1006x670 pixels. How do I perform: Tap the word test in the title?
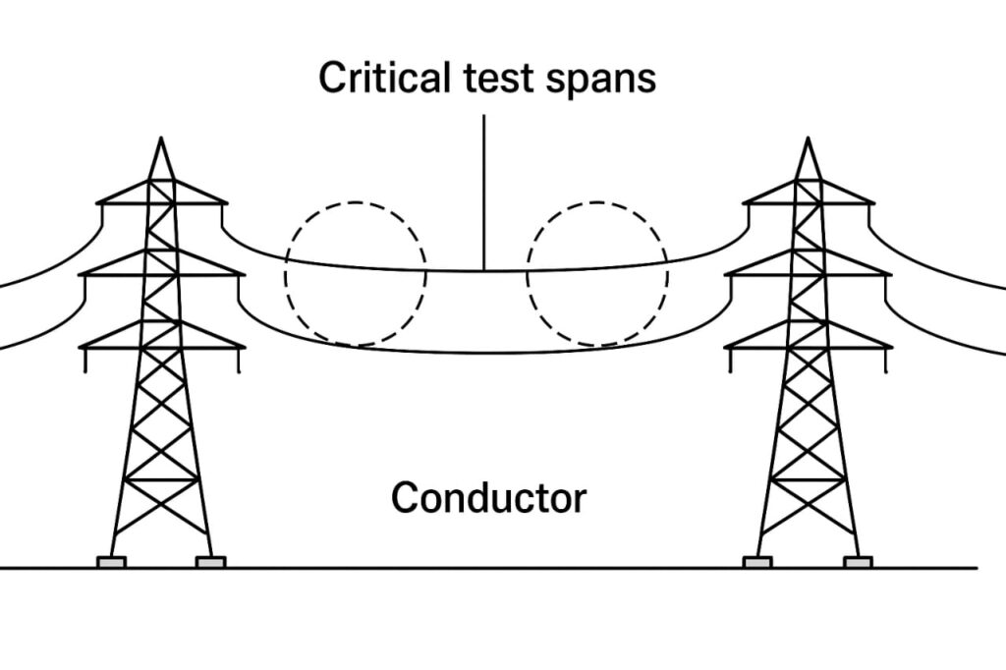(484, 78)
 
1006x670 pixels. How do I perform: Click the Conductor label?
(488, 498)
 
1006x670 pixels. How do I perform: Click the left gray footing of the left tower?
(111, 562)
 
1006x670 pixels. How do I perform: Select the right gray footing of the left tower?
(210, 562)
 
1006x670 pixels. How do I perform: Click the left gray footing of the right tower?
(757, 562)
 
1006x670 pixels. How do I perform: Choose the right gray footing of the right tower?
(858, 562)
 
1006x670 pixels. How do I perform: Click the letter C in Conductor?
(404, 498)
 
